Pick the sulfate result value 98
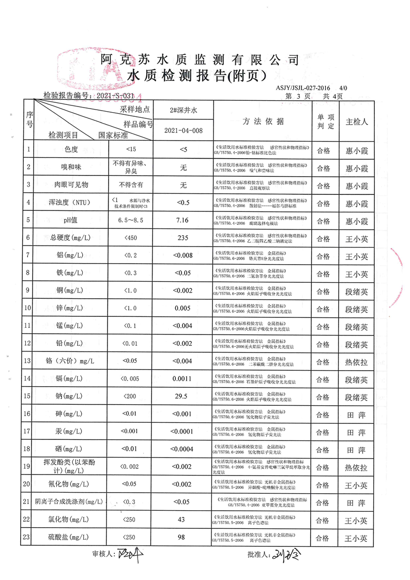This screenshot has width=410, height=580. point(181,538)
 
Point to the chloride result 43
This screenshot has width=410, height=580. point(181,520)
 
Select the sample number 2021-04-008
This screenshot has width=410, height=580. point(183,131)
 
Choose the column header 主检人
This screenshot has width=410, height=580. point(356,122)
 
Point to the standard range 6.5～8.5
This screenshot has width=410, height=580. point(131,221)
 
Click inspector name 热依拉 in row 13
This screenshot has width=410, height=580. point(356,362)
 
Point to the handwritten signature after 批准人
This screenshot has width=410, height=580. point(290,556)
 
